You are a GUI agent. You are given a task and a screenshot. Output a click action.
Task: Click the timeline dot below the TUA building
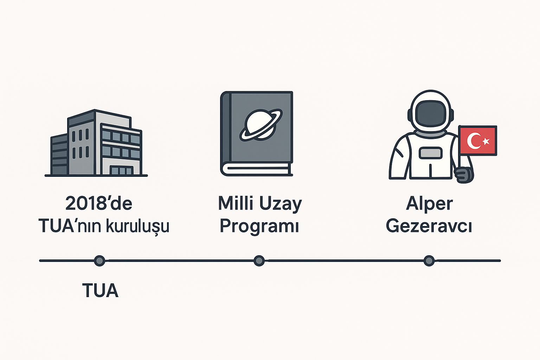(x=100, y=261)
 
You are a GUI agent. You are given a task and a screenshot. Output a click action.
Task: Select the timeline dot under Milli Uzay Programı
(x=259, y=261)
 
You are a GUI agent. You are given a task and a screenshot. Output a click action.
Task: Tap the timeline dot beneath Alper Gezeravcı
(x=429, y=261)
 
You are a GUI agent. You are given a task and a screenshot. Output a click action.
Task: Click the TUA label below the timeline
(x=100, y=291)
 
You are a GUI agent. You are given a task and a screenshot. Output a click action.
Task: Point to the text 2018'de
(x=99, y=203)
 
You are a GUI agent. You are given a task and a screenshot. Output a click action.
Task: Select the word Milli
(x=236, y=203)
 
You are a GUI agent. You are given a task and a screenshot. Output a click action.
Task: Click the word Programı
(x=259, y=226)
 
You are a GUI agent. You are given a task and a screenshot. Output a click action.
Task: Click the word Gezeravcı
(x=429, y=226)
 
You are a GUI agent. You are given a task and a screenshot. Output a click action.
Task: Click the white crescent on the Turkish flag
(x=473, y=141)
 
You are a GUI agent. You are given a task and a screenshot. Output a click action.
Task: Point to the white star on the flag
(x=486, y=141)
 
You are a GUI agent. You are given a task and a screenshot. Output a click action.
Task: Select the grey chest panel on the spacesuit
(x=430, y=153)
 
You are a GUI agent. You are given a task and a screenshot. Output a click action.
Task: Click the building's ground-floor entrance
(x=122, y=171)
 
